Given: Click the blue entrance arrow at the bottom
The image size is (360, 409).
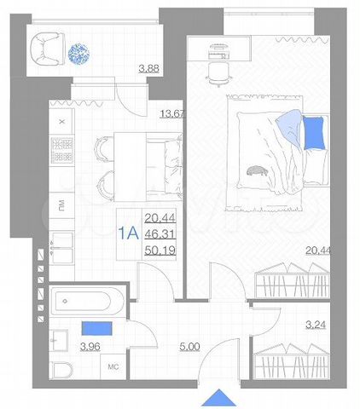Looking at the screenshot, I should coord(219,398).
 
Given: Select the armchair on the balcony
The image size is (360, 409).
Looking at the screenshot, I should coord(46,50).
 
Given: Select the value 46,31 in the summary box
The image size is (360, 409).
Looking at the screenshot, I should coord(157,234).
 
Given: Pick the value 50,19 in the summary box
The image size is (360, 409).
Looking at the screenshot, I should coord(157,251).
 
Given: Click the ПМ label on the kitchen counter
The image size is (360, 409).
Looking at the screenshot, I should coord(61,205).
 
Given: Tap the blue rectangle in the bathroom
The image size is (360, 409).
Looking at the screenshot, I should coord(96,326).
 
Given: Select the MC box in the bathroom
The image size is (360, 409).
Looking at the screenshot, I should coord(112,369).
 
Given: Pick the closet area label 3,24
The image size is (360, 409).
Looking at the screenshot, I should coord(315,324).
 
